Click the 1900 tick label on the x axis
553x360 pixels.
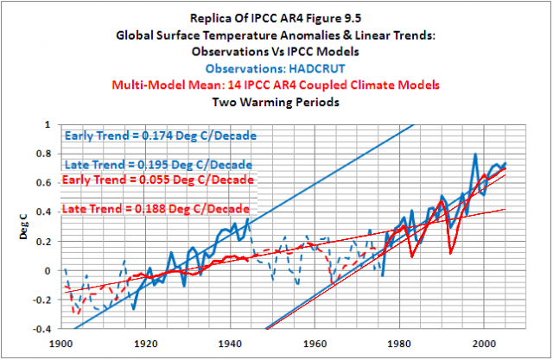(x=61, y=342)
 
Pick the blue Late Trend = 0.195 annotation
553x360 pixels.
(x=159, y=164)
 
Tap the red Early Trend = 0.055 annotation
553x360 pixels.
(x=159, y=180)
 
